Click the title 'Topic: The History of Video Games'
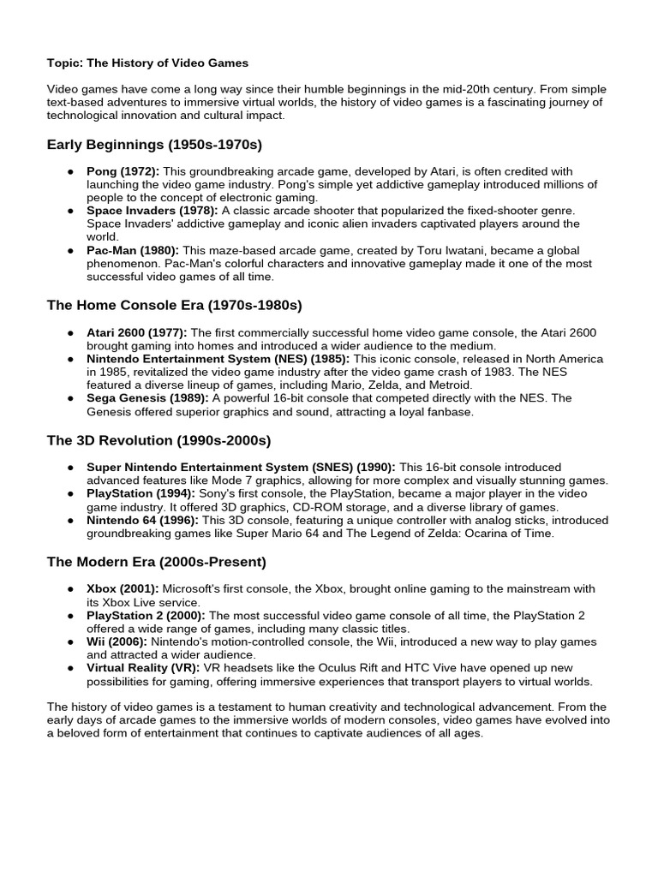tap(147, 63)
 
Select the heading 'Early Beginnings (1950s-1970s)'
tap(154, 144)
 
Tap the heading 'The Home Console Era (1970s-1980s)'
tap(174, 305)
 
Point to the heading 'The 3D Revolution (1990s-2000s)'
tap(159, 440)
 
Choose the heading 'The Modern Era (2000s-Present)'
tap(156, 562)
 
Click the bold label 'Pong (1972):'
tap(123, 171)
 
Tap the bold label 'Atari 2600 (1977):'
tap(137, 332)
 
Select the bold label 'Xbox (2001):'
tap(122, 589)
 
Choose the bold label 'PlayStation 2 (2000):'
tap(147, 615)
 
